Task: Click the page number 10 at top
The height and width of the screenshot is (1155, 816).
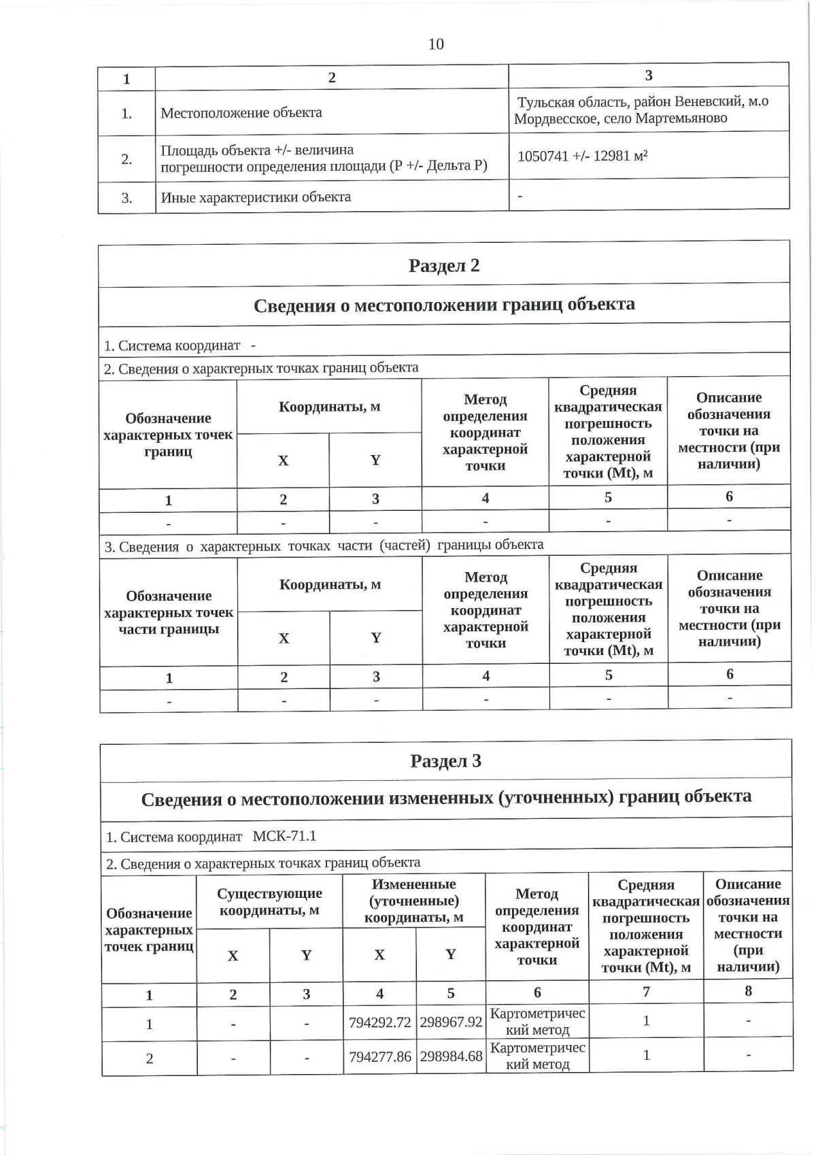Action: pyautogui.click(x=436, y=44)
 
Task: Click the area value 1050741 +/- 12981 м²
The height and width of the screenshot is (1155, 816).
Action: pyautogui.click(x=582, y=156)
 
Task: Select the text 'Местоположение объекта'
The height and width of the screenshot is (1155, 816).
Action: pyautogui.click(x=241, y=113)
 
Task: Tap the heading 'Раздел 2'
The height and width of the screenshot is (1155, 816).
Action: pyautogui.click(x=444, y=265)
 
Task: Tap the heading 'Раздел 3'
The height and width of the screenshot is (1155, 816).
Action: pyautogui.click(x=446, y=761)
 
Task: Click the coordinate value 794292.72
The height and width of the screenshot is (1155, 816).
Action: pyautogui.click(x=379, y=1022)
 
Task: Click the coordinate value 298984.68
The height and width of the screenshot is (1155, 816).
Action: pyautogui.click(x=451, y=1056)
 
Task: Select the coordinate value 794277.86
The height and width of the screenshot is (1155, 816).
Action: pyautogui.click(x=379, y=1057)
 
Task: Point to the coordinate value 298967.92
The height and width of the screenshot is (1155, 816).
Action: pyautogui.click(x=451, y=1022)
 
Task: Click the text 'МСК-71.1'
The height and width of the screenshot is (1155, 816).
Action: pyautogui.click(x=284, y=837)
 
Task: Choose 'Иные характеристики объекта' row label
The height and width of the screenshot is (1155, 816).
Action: pyautogui.click(x=256, y=198)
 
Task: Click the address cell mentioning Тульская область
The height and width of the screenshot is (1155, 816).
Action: pyautogui.click(x=642, y=110)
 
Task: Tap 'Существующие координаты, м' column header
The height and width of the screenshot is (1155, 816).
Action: pyautogui.click(x=269, y=902)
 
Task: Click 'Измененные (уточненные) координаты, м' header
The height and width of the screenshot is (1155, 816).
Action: pyautogui.click(x=413, y=901)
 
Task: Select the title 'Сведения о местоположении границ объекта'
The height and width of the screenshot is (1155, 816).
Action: pyautogui.click(x=444, y=305)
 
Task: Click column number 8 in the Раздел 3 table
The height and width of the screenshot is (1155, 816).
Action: pyautogui.click(x=748, y=991)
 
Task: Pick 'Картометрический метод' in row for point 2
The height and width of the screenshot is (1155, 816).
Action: pyautogui.click(x=537, y=1056)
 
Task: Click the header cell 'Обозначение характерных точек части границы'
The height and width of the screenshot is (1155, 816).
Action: pyautogui.click(x=169, y=613)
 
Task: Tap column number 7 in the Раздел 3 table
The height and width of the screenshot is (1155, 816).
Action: pyautogui.click(x=646, y=992)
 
